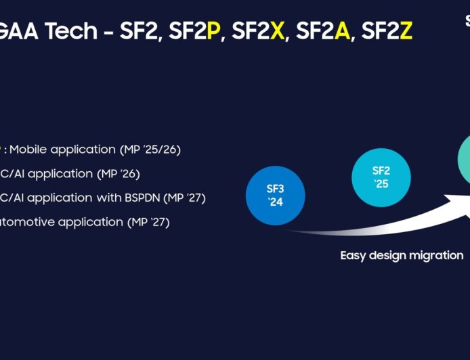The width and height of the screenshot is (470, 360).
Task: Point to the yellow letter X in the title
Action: click(x=277, y=32)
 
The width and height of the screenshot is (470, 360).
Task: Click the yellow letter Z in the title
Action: click(x=406, y=32)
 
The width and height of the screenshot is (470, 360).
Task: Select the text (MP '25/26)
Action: click(x=150, y=149)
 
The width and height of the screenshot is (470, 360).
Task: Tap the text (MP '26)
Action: click(x=119, y=173)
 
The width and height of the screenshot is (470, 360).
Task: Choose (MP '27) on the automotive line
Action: click(x=148, y=222)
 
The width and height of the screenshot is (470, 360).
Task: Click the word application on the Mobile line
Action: click(x=84, y=149)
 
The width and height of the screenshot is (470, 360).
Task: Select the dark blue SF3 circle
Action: click(x=275, y=195)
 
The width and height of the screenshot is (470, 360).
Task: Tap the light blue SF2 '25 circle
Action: click(x=381, y=177)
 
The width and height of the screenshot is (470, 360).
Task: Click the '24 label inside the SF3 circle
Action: click(x=275, y=202)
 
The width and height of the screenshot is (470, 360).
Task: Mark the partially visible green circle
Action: click(x=463, y=160)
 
